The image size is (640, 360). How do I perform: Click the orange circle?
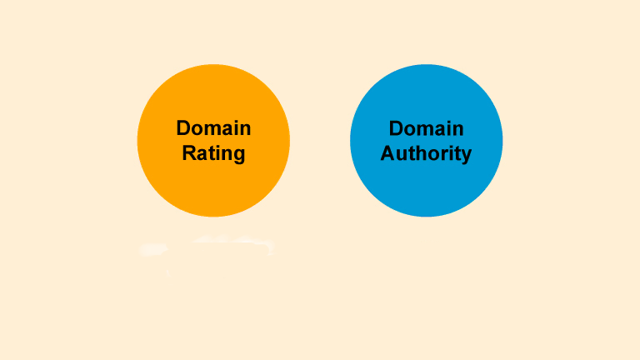point(213,140)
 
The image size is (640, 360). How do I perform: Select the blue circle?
point(426,140)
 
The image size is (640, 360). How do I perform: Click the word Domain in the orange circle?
point(213,128)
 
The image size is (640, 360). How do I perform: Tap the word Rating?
point(213,154)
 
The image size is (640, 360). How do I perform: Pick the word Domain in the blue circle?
point(426,128)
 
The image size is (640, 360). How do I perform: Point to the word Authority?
point(426,154)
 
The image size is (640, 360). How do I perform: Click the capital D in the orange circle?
point(183,128)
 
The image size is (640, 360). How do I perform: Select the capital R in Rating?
point(189,153)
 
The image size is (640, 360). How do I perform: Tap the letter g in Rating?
point(238,156)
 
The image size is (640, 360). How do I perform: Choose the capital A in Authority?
point(387,153)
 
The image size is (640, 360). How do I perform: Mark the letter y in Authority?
point(466,157)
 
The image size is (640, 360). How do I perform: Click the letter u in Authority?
point(402,155)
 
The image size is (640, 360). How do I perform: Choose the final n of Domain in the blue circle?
point(458,131)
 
